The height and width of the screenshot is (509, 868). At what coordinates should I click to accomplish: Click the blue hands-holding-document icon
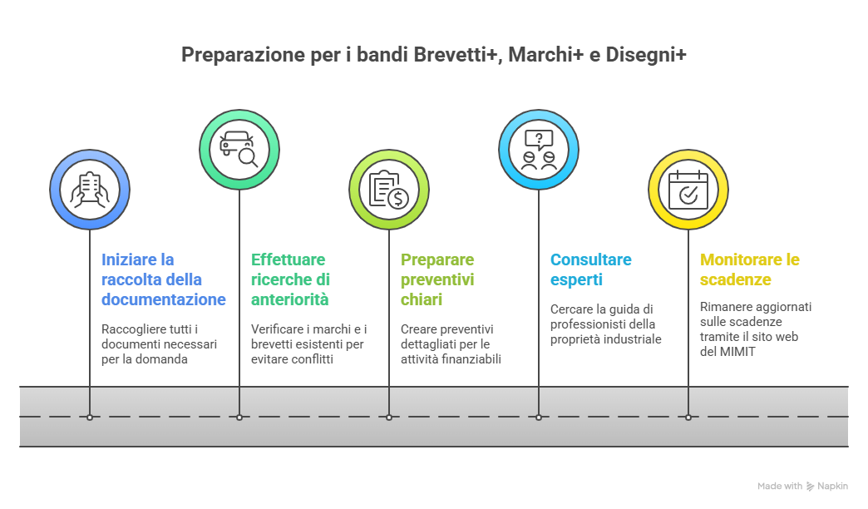click(90, 190)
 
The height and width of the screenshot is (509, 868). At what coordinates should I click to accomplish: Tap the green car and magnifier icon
click(239, 148)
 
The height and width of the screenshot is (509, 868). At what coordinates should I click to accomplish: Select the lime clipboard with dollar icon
click(389, 190)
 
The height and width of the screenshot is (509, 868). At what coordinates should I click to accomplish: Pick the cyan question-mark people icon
click(539, 148)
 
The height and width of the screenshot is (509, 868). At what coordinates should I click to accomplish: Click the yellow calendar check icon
click(688, 190)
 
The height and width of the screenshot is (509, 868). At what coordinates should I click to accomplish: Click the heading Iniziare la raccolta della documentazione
click(163, 279)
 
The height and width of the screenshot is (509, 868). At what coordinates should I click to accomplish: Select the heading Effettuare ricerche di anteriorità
click(290, 279)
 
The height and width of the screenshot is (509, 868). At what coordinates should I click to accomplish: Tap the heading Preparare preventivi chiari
click(437, 279)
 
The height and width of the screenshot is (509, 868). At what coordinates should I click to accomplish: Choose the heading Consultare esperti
click(590, 269)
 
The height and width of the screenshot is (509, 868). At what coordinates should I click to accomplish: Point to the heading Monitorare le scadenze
click(749, 269)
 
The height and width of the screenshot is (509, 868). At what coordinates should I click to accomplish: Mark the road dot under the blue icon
click(90, 417)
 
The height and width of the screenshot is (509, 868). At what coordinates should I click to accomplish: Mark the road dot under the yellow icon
click(688, 417)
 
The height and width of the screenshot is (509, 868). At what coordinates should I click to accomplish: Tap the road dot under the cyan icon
click(539, 417)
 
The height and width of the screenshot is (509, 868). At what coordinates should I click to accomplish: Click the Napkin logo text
click(832, 487)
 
